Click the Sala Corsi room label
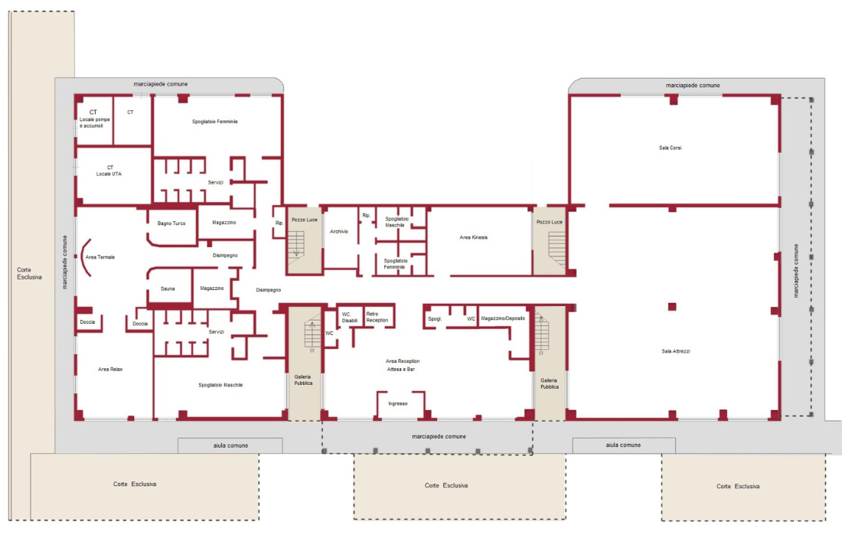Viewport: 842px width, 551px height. point(671,148)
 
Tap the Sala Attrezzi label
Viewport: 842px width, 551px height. point(676,351)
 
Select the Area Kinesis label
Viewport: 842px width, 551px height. point(474,237)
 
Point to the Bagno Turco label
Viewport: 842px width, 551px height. point(171,223)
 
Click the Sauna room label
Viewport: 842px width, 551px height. point(168,289)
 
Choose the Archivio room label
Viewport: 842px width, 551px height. point(339,231)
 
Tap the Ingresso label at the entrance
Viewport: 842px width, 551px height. point(398,404)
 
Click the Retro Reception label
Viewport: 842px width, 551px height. point(377,317)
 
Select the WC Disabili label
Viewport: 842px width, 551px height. point(350,318)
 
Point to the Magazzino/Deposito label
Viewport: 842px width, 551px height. point(503,318)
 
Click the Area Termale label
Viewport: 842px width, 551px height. point(100,257)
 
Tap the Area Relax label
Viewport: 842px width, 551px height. point(110,370)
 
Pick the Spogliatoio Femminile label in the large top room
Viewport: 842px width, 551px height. point(215,122)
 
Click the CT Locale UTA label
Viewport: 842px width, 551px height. point(109,171)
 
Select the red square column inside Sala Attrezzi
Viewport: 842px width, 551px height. point(672,307)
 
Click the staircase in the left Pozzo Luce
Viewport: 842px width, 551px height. point(296,244)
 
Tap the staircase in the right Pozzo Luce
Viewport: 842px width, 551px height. point(556,248)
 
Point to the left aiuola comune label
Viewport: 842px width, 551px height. point(230,445)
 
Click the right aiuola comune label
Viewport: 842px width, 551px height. point(623,445)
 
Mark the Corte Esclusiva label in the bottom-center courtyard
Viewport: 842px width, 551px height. point(446,485)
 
